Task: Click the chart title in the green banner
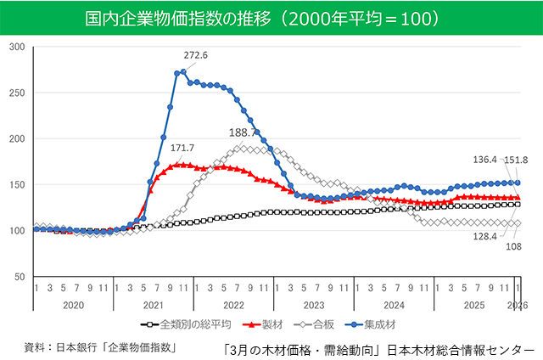(x=271, y=17)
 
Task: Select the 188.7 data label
(x=244, y=133)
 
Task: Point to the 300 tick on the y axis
(x=17, y=46)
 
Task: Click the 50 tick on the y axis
(x=20, y=277)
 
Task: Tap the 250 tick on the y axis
(x=17, y=93)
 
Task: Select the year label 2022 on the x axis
(x=233, y=305)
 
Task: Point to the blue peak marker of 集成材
(x=183, y=72)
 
